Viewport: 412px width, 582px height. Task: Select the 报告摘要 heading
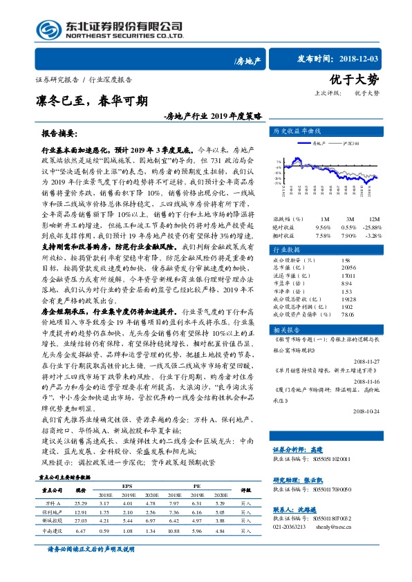tap(59, 132)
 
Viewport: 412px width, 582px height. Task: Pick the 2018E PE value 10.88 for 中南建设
tap(174, 531)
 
